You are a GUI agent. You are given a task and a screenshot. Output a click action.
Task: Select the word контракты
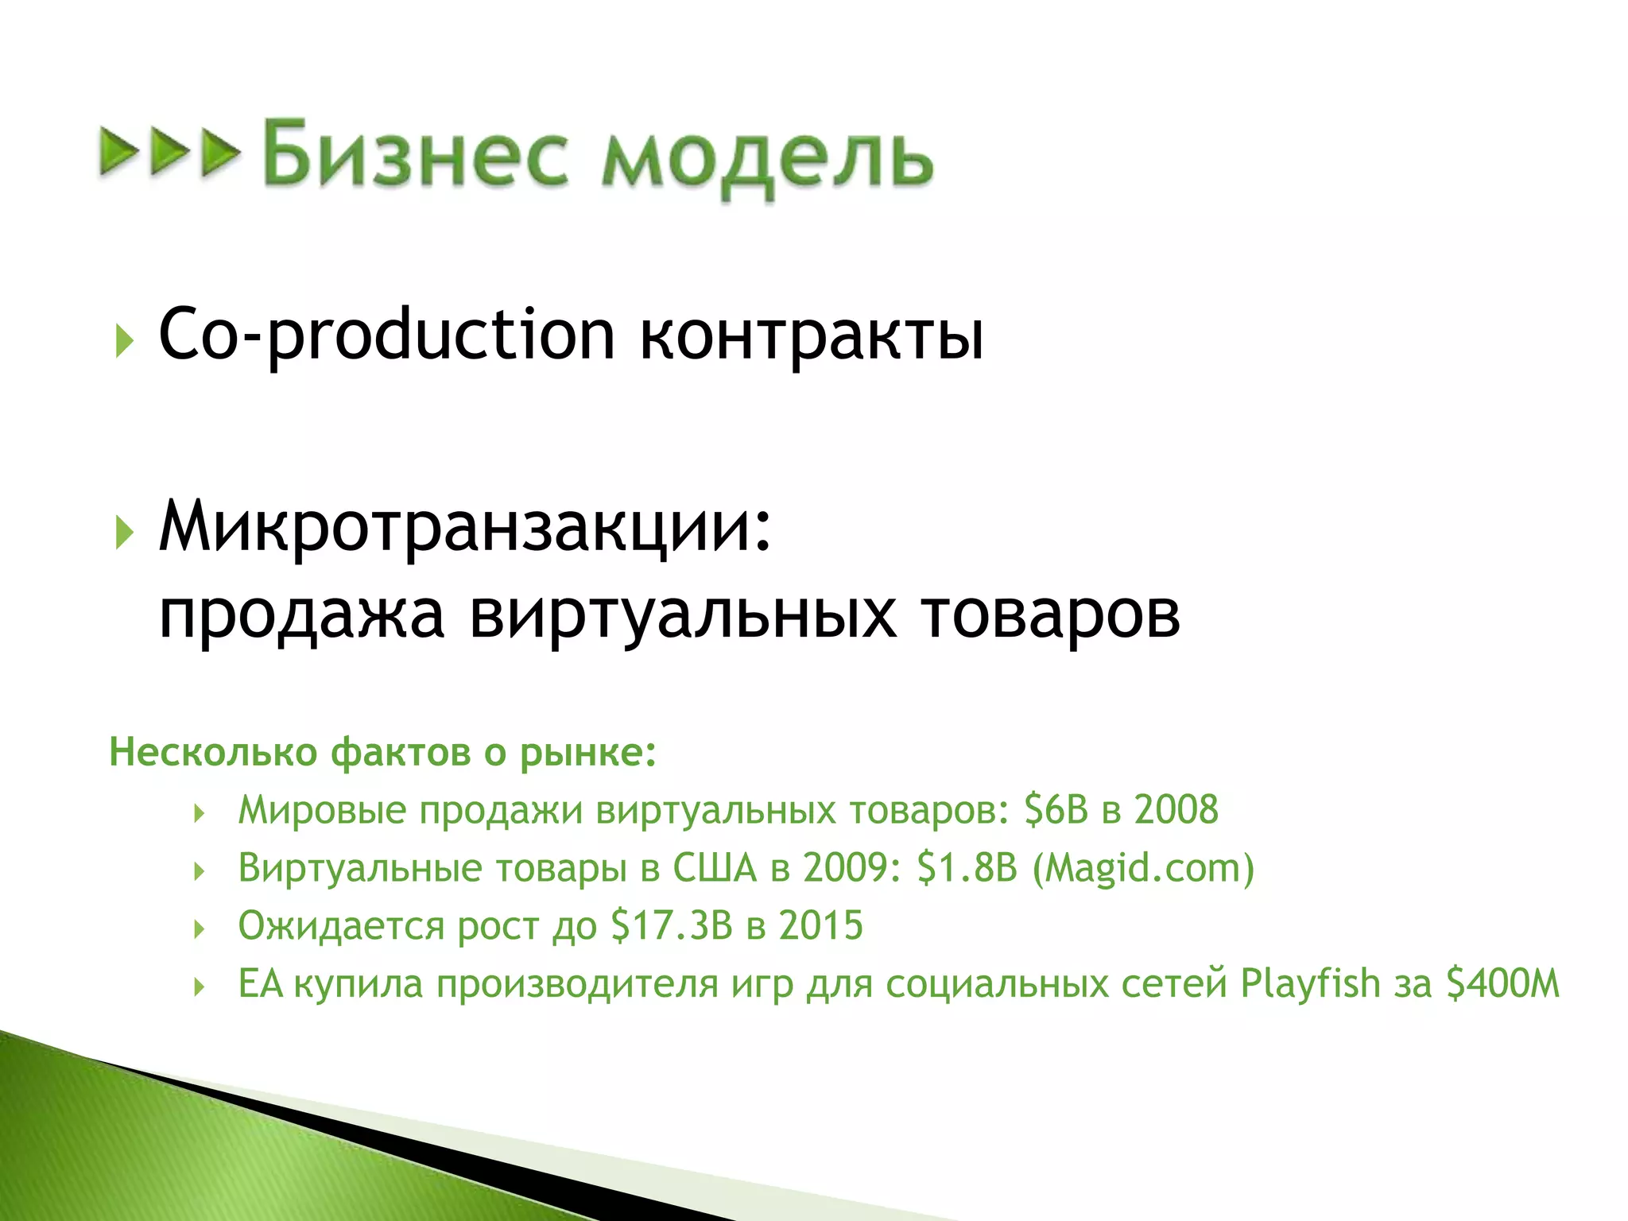point(812,335)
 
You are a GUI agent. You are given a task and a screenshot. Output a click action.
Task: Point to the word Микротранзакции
point(465,527)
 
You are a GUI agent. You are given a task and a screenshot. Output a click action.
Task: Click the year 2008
point(1176,810)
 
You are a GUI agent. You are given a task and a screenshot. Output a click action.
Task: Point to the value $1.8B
point(967,867)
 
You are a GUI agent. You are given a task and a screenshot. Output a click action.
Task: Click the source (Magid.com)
point(1143,868)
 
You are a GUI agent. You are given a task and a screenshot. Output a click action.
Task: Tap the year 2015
point(820,926)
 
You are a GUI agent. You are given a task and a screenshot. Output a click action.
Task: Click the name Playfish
point(1310,984)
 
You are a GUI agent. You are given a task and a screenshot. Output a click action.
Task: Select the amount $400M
point(1502,984)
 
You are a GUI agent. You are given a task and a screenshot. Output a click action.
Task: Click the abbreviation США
point(715,868)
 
